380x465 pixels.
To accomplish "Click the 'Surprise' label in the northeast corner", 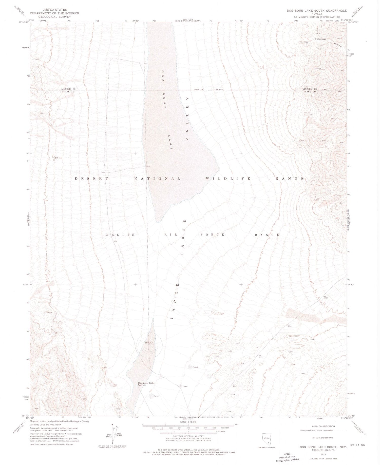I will (320, 39).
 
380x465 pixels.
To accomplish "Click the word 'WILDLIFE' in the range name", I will (228, 179).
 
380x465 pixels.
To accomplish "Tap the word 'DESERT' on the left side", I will (92, 179).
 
